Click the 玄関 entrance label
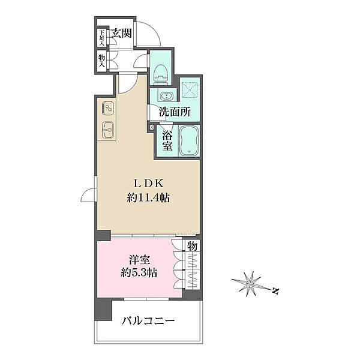tap(121, 34)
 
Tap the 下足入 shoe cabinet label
tap(102, 38)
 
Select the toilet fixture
tap(161, 74)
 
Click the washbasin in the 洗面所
tap(166, 96)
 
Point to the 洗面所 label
tap(175, 112)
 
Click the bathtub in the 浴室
tap(189, 141)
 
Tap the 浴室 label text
tap(167, 140)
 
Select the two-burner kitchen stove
tap(108, 109)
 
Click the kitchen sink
tap(108, 130)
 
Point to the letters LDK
tap(149, 183)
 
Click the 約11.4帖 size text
tap(148, 197)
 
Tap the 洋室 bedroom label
tap(139, 260)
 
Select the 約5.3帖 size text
tap(139, 273)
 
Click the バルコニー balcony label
tap(148, 321)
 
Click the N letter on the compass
tap(275, 291)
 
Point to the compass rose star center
tap(250, 284)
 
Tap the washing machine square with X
tap(190, 89)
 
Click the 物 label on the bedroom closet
tap(192, 247)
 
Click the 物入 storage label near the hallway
tap(102, 61)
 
